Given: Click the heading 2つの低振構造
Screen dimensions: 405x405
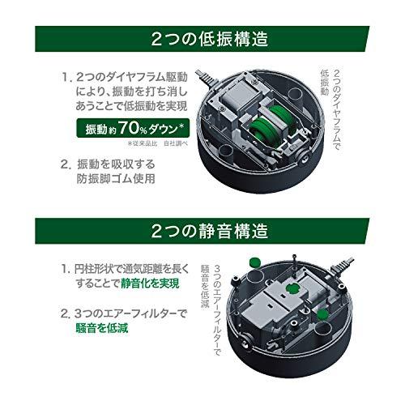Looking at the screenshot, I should coord(202,38).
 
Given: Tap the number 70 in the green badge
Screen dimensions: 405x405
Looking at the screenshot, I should coord(136,129).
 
